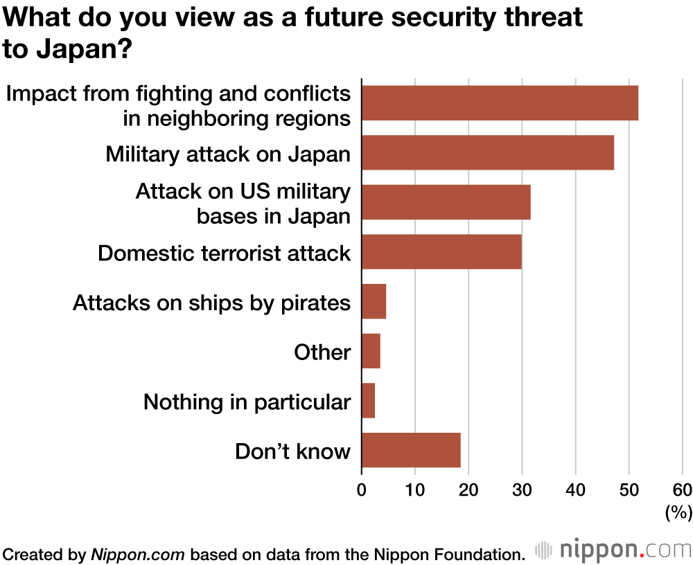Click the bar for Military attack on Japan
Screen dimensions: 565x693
pos(487,152)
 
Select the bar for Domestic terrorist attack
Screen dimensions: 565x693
pos(441,251)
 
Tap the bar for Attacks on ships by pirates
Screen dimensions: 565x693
pos(374,301)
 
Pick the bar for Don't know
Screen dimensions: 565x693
pos(411,450)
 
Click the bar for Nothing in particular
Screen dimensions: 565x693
pos(368,401)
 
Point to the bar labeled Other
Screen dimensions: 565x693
pos(371,351)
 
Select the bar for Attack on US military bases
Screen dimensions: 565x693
pos(446,202)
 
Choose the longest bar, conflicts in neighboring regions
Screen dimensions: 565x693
pos(500,102)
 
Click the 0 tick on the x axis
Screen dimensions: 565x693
pos(362,490)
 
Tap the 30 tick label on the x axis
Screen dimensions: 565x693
pos(522,490)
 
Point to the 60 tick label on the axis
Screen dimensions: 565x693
pos(682,490)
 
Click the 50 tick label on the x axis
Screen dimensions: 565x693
pos(629,490)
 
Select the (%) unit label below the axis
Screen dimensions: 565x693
pos(678,513)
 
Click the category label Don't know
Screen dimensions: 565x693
pos(292,451)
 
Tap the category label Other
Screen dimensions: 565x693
pos(322,352)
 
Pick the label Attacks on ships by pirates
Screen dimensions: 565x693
pos(211,303)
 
